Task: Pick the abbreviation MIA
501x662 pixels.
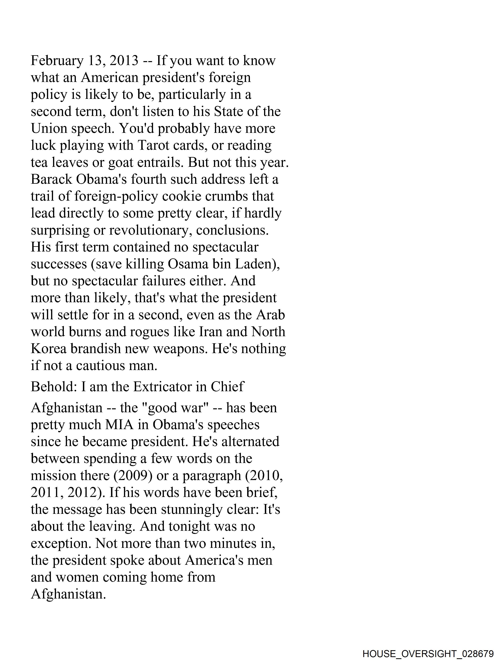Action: tap(119, 425)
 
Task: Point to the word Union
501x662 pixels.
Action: tap(49, 129)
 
